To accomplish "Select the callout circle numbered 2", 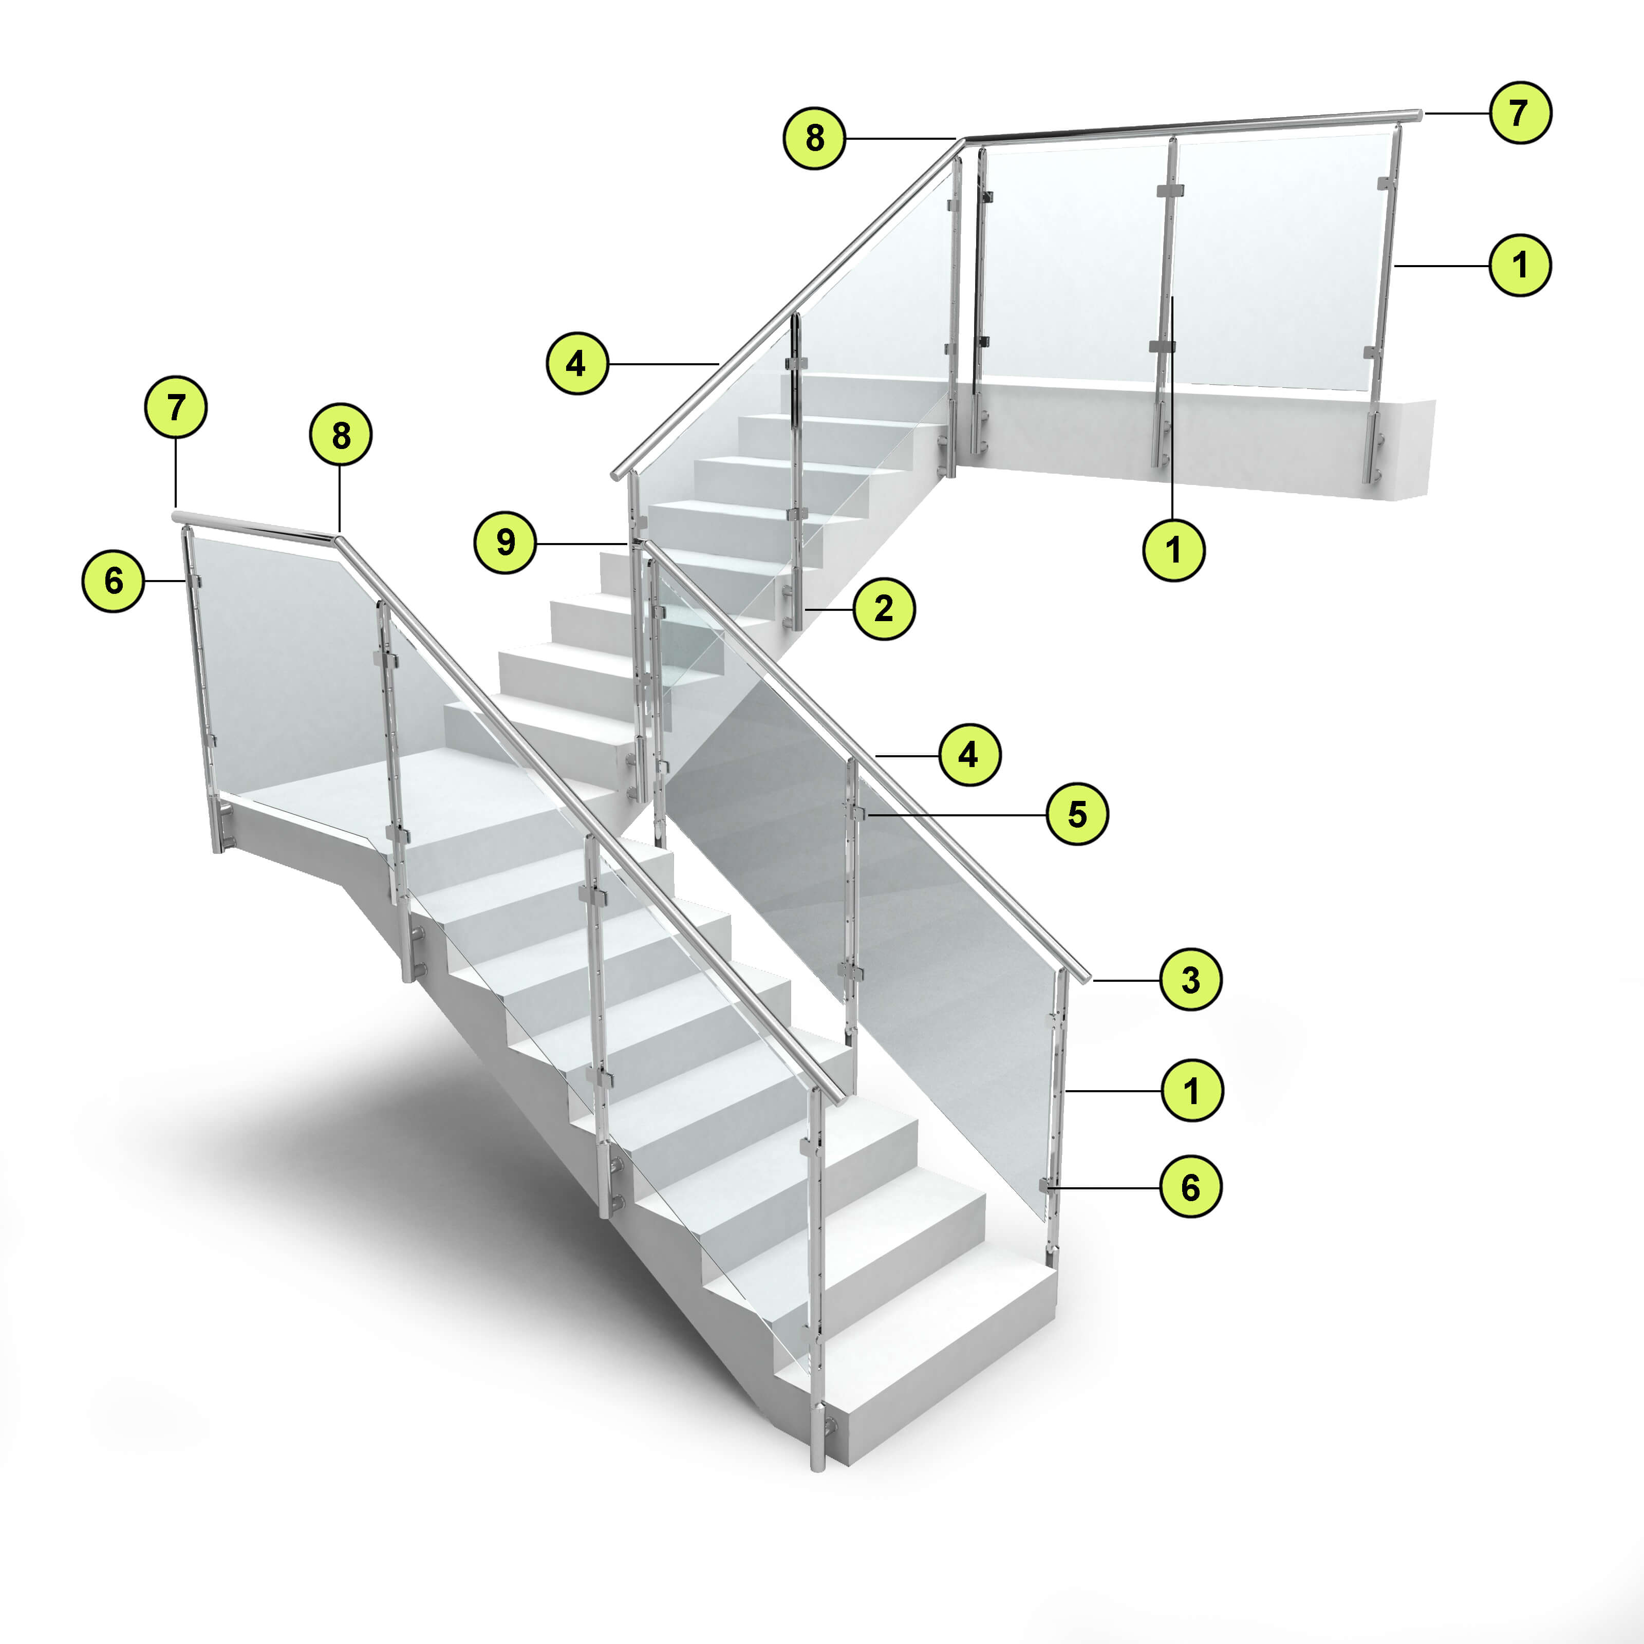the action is point(884,608).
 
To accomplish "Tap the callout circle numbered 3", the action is point(1190,979).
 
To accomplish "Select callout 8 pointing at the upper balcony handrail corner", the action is point(814,137).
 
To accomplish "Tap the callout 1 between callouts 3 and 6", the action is point(1191,1090).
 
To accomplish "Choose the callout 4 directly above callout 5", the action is point(969,754).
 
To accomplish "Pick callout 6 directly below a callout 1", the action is point(1190,1186).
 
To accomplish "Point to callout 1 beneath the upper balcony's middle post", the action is point(1173,550).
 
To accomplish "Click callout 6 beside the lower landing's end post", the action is point(113,581).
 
